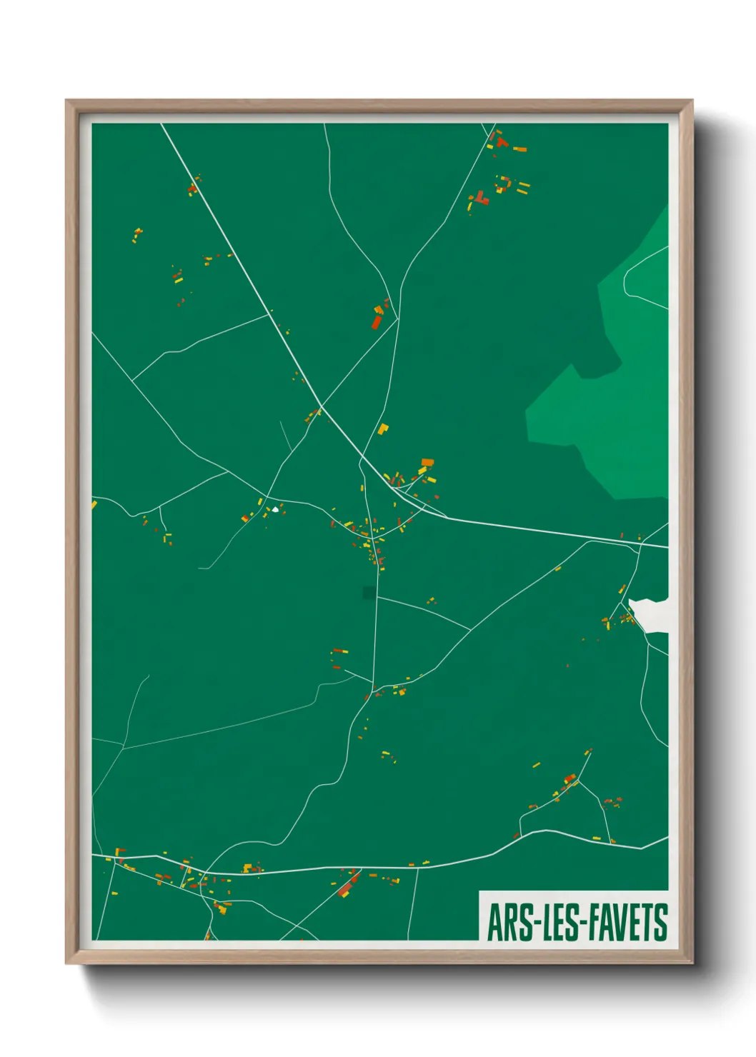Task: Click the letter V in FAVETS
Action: coord(621,922)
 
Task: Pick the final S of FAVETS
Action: coord(662,922)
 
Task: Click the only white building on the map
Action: coord(275,510)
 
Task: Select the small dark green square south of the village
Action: coord(369,592)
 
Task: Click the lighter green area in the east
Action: coord(615,400)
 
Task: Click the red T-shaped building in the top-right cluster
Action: coord(502,143)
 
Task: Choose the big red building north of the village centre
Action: coord(377,322)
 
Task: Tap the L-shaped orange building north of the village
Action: coord(383,429)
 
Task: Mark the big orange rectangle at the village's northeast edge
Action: coord(427,462)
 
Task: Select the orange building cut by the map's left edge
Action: coord(94,505)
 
